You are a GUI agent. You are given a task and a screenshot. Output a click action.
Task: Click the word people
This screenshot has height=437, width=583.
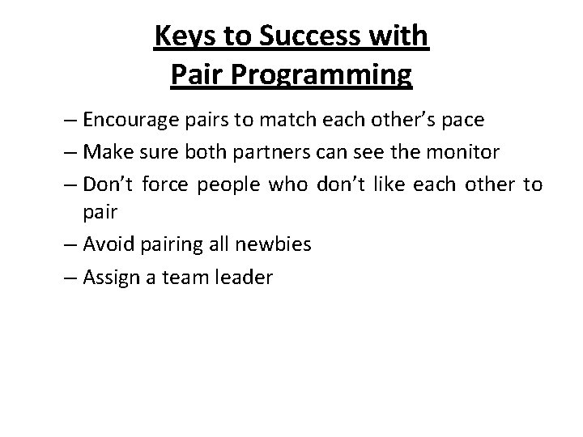point(224,185)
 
